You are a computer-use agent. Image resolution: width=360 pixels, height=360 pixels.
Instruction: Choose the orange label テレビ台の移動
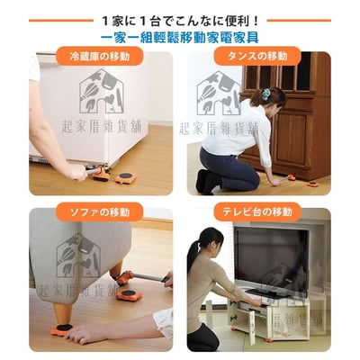257,211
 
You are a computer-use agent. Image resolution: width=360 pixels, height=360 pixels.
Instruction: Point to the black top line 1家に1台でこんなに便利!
179,18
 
